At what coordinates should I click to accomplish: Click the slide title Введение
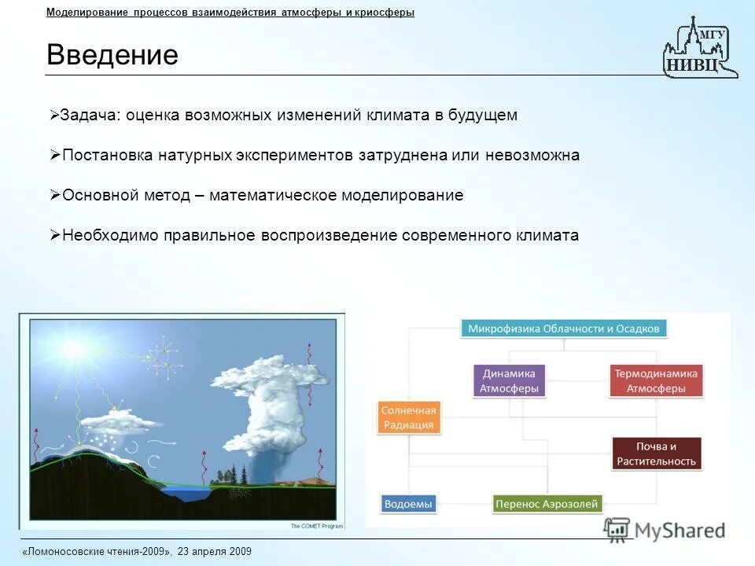point(112,54)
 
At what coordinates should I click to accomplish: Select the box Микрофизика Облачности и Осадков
point(563,329)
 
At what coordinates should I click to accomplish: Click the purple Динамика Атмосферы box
point(509,380)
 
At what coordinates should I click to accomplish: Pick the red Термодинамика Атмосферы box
point(656,380)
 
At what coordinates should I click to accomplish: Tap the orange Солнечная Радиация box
point(409,417)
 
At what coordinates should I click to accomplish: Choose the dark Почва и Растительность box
point(656,454)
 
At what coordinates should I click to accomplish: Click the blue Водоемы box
point(408,504)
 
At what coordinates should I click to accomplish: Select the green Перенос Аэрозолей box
point(547,504)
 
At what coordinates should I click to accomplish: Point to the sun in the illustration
point(75,348)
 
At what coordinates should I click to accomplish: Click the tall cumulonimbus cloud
point(269,403)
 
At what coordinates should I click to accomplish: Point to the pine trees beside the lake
point(230,474)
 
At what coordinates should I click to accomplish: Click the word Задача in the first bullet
point(89,116)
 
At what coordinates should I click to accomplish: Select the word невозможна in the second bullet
point(532,156)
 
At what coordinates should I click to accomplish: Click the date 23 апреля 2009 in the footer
point(214,552)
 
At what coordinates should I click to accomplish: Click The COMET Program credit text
point(317,526)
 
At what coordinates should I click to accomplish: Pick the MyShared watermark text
point(679,531)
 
